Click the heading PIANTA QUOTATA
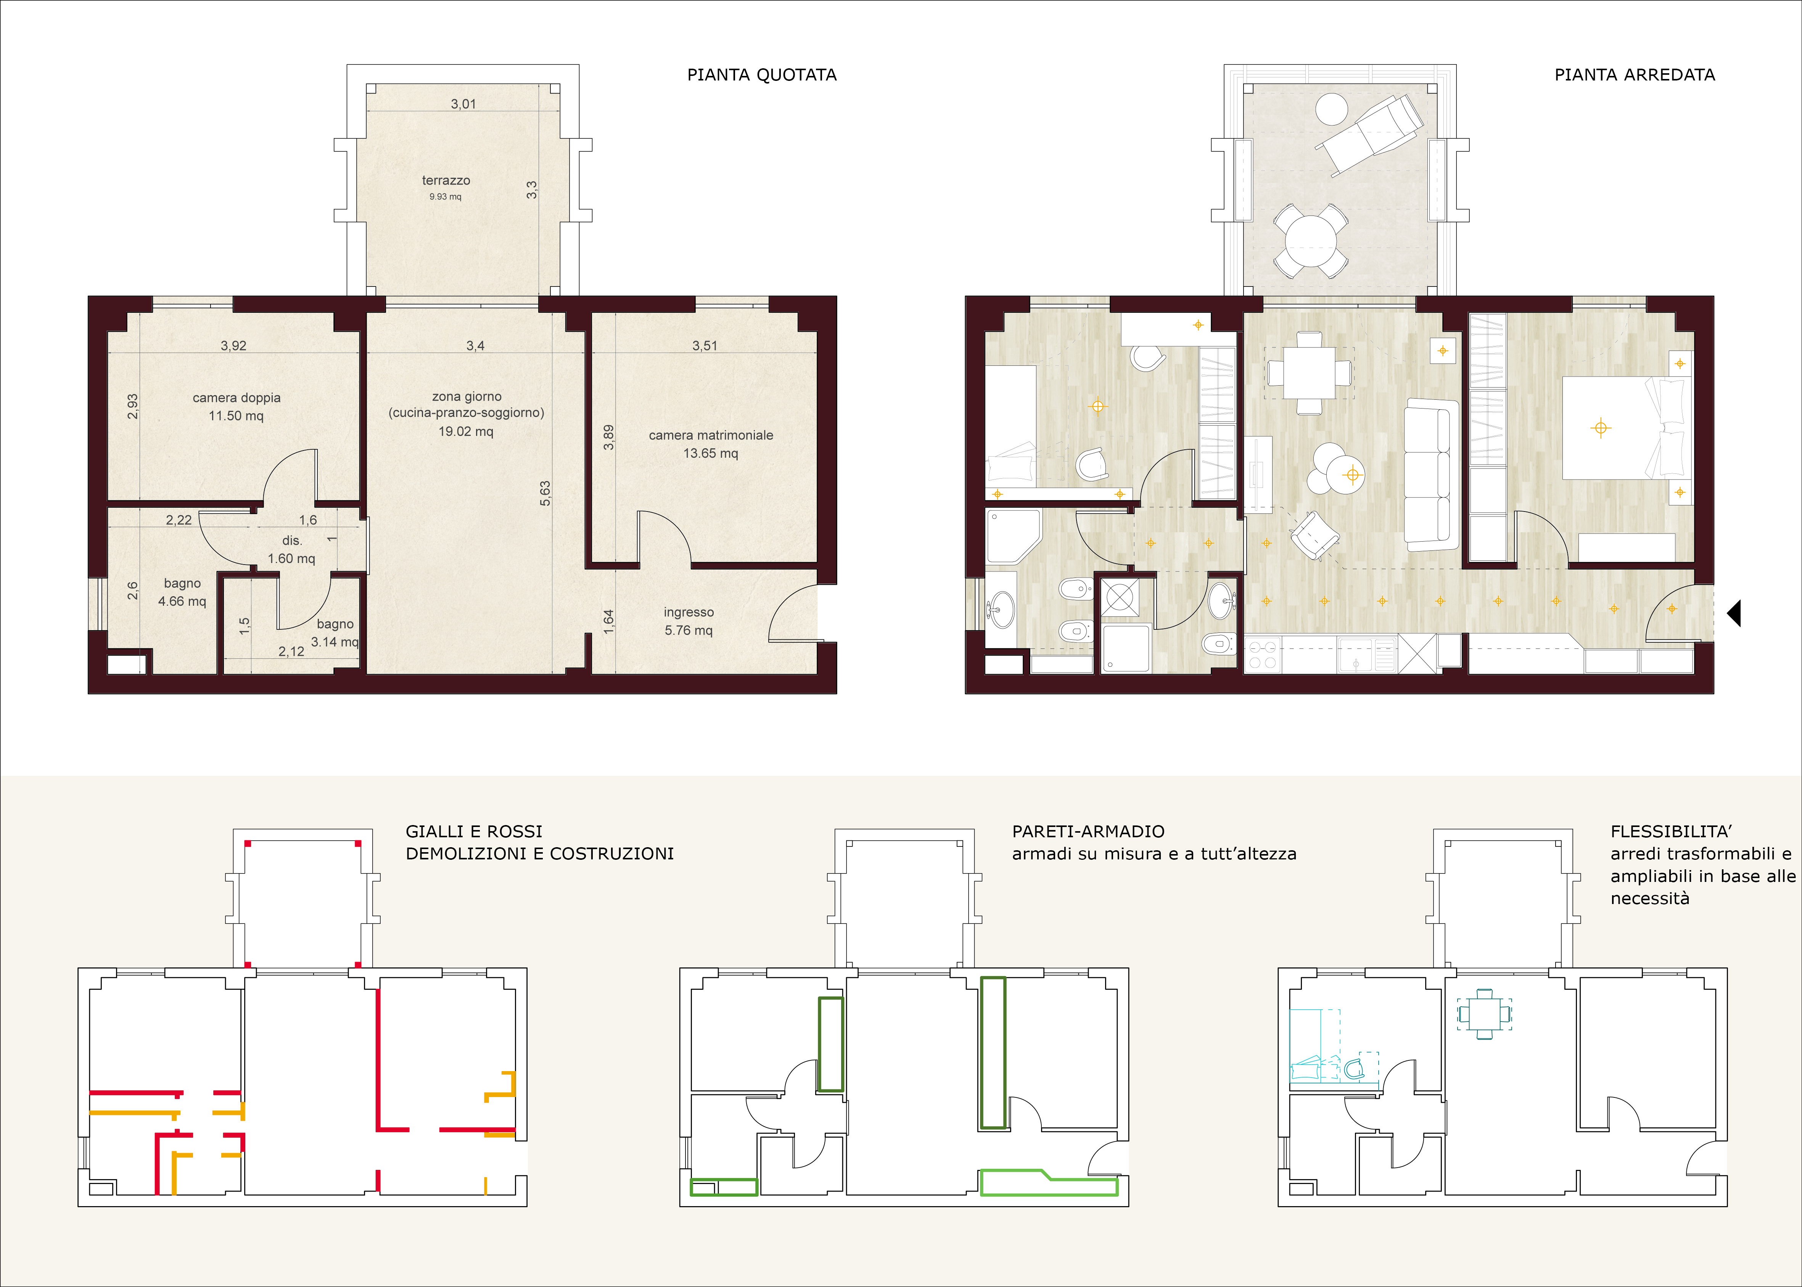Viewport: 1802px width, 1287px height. (x=761, y=74)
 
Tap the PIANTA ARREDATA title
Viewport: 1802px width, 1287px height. (x=1635, y=74)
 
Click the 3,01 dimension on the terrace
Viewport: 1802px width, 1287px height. (x=463, y=104)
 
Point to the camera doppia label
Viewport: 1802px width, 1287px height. (x=236, y=398)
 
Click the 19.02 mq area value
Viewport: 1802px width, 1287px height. (x=466, y=431)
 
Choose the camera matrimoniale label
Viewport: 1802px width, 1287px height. (x=711, y=435)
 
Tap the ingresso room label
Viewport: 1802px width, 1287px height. (x=689, y=612)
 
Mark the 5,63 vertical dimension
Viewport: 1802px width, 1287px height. (x=545, y=493)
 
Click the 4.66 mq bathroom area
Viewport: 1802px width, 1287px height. (x=182, y=601)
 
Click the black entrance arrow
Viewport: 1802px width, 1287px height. (x=1734, y=613)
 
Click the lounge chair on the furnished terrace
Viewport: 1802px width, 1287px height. (x=1369, y=133)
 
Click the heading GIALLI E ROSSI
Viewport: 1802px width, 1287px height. (x=474, y=831)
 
